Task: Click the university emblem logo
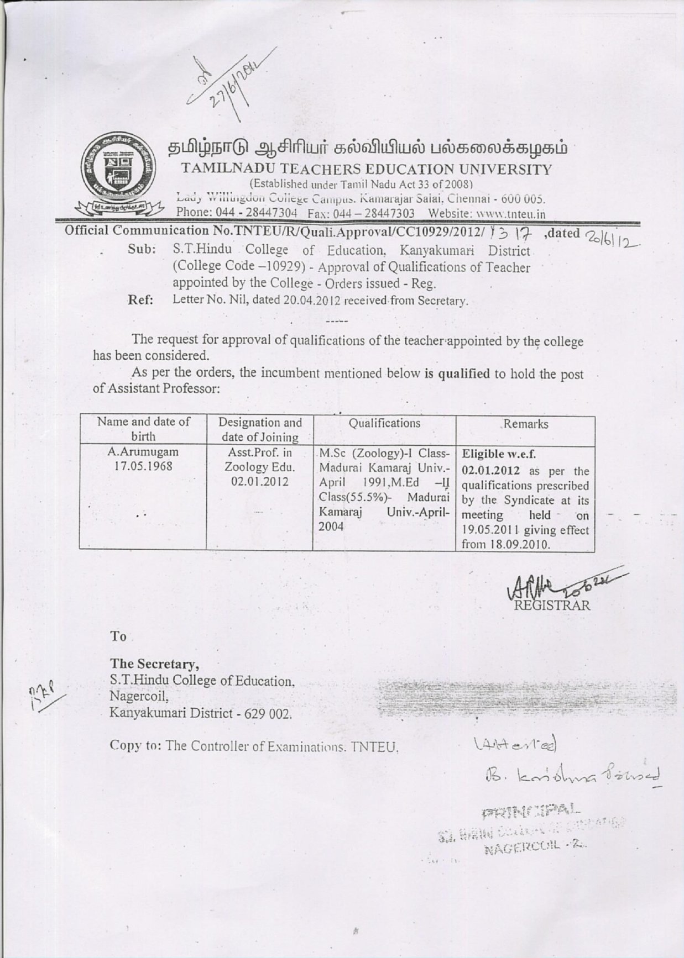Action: point(123,171)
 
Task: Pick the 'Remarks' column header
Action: point(525,424)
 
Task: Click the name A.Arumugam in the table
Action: point(143,452)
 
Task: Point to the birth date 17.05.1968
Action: point(143,466)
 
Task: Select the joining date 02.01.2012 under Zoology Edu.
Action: point(260,481)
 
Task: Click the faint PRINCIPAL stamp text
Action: point(531,812)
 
